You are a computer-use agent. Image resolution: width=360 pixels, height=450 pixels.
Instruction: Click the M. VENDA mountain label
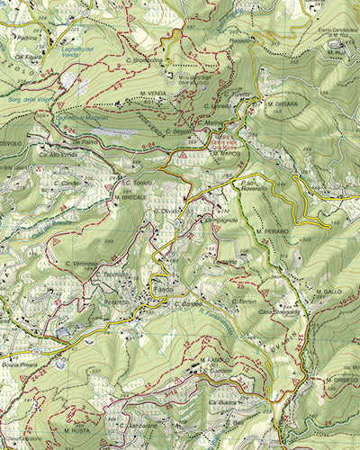(x=153, y=92)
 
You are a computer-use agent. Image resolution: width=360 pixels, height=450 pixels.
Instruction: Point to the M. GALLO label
(x=328, y=292)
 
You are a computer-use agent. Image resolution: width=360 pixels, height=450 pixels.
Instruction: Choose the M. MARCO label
(x=226, y=153)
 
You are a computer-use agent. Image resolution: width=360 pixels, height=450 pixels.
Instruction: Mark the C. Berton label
(x=244, y=301)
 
